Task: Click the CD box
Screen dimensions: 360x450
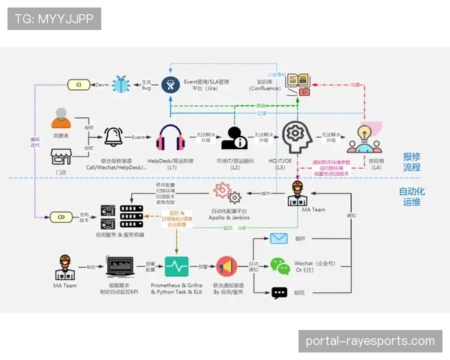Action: [x=60, y=217]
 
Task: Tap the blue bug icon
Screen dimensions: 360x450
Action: [x=120, y=85]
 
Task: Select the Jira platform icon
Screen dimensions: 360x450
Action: [x=172, y=85]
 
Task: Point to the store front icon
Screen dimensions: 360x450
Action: [x=61, y=157]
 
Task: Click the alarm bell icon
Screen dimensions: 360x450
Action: [x=114, y=137]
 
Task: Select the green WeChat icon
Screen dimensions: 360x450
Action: [x=280, y=266]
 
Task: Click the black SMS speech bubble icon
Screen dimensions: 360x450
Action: [x=280, y=293]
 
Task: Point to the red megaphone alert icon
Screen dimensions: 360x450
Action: [x=226, y=266]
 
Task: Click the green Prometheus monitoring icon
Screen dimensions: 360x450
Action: [x=177, y=266]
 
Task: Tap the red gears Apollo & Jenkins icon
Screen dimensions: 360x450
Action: [x=226, y=193]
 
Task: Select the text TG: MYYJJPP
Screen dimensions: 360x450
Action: [x=54, y=18]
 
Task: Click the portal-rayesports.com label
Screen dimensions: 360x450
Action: [x=370, y=341]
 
